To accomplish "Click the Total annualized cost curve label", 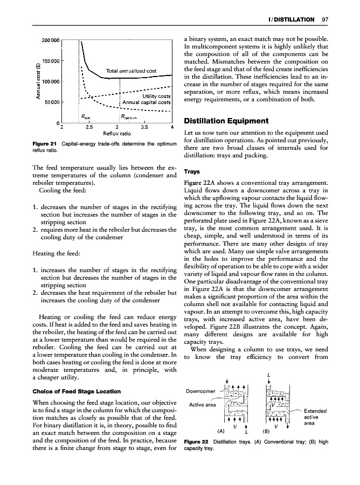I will click(x=131, y=71).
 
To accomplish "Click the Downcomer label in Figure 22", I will click(x=200, y=391).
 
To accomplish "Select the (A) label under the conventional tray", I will click(x=221, y=432).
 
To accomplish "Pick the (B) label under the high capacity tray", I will click(x=266, y=432).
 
